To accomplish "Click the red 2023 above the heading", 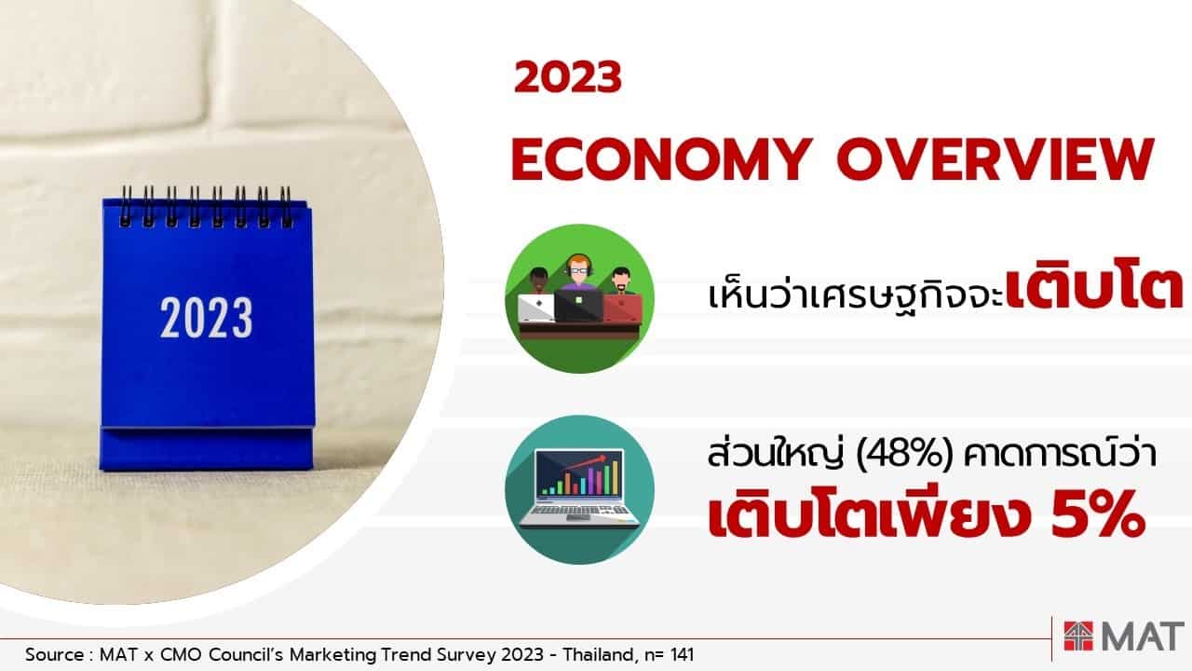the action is pos(568,77).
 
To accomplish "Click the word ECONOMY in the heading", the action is pos(661,159).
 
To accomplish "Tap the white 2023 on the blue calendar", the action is pos(207,318).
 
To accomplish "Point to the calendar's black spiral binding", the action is pos(206,207).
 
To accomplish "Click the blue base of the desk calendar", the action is pos(206,448).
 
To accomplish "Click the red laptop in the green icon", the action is pos(621,308).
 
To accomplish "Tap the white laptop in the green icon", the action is pos(536,308).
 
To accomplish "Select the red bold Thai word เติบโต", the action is pos(1094,291).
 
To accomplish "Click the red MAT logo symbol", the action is pos(1078,636).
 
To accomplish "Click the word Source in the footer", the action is pos(54,654).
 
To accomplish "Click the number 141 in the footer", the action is pos(682,654).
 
